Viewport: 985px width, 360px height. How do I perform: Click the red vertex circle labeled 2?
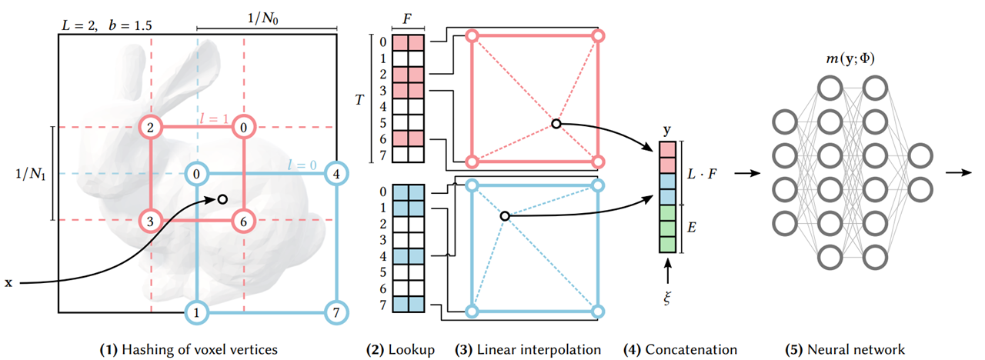[151, 127]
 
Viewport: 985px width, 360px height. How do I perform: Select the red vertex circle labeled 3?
[151, 222]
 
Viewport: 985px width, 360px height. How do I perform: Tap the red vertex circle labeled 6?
[244, 222]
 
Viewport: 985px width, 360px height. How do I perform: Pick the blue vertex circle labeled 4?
[335, 174]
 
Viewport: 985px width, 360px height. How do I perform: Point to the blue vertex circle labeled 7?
[335, 312]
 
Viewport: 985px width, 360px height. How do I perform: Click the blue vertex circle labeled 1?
[198, 312]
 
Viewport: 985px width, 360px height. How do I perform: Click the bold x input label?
[9, 283]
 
